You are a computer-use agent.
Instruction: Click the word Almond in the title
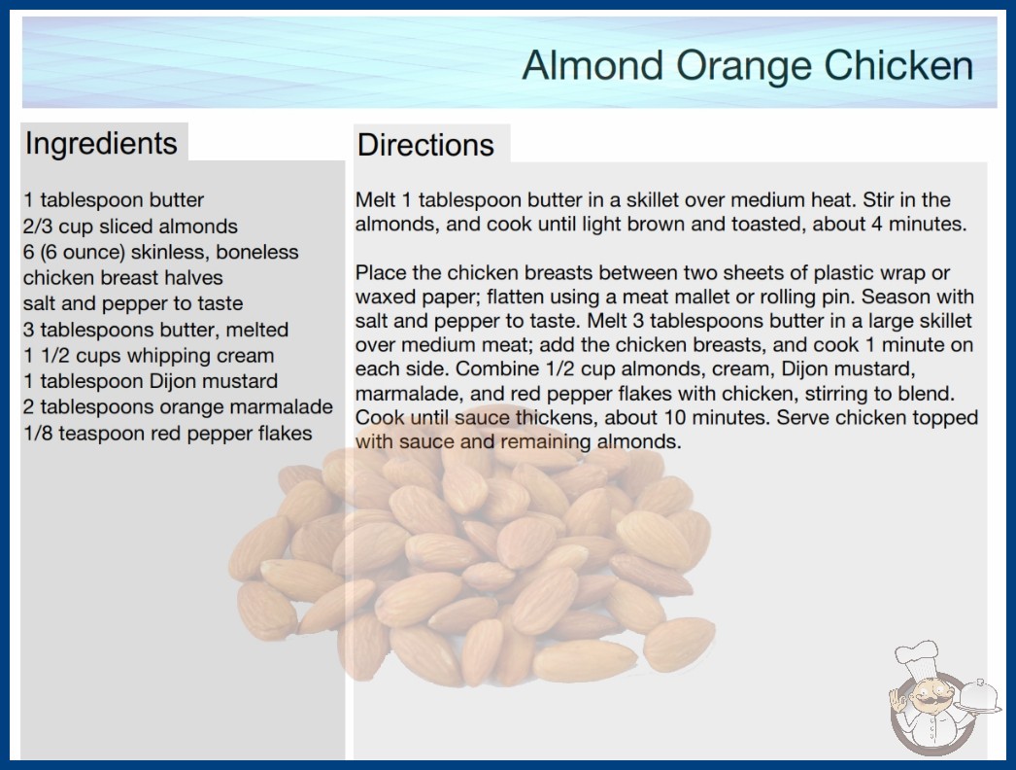click(593, 65)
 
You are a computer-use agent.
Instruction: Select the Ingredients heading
click(101, 144)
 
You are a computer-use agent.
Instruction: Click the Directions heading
click(425, 145)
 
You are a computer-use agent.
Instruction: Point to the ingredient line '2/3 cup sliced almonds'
click(130, 226)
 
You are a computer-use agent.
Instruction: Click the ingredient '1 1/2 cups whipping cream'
click(149, 356)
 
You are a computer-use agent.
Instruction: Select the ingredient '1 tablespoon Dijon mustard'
click(151, 381)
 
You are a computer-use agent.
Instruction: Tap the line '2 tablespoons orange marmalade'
click(178, 406)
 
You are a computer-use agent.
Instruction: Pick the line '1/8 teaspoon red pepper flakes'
click(168, 433)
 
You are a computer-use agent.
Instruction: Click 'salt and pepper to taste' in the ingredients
click(133, 303)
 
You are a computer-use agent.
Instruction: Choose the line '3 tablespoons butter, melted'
click(155, 330)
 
